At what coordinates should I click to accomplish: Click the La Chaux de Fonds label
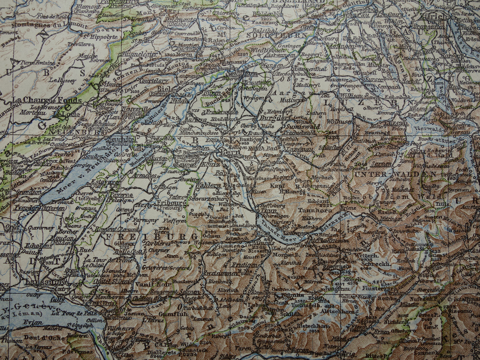pos(47,100)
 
